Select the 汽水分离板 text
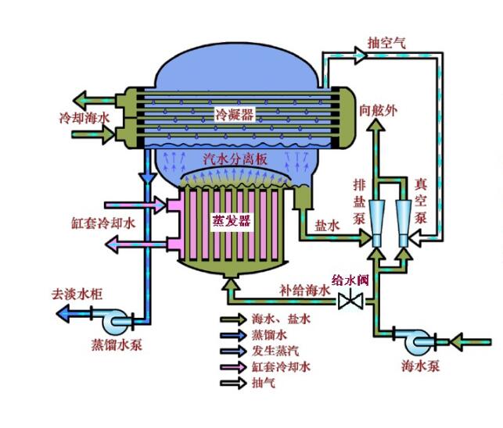pyautogui.click(x=235, y=159)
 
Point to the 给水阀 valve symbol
pyautogui.click(x=348, y=300)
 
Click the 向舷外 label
pyautogui.click(x=378, y=110)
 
